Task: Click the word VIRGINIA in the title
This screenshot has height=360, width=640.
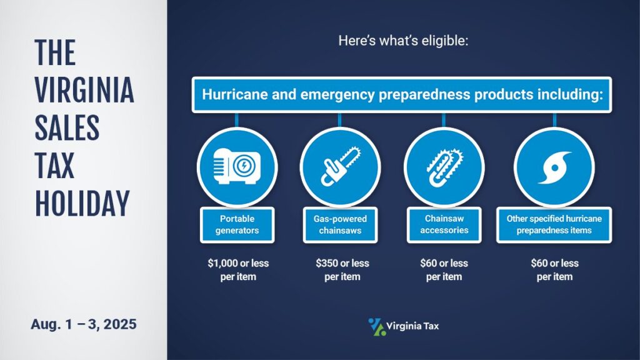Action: [84, 90]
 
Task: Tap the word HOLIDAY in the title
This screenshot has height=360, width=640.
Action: [82, 203]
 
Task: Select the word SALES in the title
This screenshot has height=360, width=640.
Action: [67, 127]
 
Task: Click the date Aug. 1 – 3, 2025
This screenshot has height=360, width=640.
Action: [84, 324]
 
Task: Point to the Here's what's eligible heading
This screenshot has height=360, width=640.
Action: [403, 41]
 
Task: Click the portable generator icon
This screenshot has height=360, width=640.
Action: [237, 166]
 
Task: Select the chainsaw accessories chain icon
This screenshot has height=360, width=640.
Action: [444, 167]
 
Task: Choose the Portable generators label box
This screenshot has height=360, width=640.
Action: [237, 224]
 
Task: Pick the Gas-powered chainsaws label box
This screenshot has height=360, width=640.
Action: [340, 224]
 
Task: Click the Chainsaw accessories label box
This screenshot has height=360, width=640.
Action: [444, 224]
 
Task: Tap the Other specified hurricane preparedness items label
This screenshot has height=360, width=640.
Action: [554, 224]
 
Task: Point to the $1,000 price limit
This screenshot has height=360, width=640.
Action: [221, 263]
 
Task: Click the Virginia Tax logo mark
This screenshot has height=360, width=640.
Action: [377, 327]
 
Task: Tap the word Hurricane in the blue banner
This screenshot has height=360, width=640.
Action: [235, 95]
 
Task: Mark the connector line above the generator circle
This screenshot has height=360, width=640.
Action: [237, 120]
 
